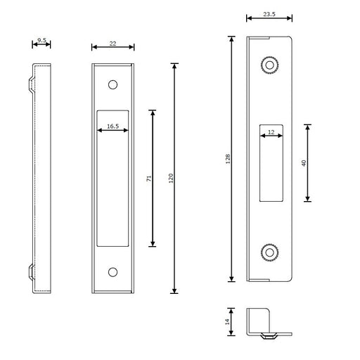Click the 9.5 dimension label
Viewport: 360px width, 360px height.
pos(41,40)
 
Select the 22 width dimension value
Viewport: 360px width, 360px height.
pos(112,44)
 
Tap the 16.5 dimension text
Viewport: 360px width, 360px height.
pos(112,127)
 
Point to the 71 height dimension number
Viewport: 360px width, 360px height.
pos(149,179)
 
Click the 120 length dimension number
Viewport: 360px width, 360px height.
pos(171,179)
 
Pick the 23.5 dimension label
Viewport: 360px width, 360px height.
pos(269,14)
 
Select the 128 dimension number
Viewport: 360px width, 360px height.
pos(228,159)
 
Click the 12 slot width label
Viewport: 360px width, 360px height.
pos(271,132)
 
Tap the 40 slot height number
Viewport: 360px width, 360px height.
pos(304,163)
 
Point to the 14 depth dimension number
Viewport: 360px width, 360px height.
pos(227,322)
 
